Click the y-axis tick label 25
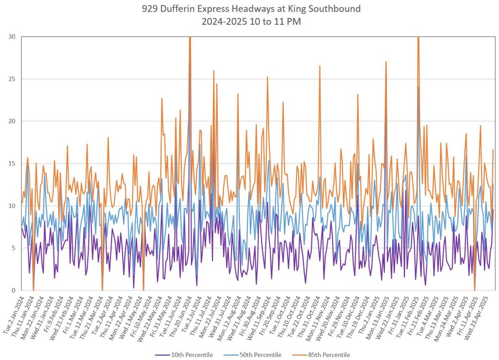pos(11,79)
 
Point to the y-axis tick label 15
pos(11,163)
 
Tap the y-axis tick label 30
pos(11,37)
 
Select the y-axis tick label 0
pos(13,290)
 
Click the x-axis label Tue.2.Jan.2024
pos(12,312)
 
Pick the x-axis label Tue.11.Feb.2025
pos(410,312)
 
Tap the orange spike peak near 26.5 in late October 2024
pos(320,66)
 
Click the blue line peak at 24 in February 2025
pos(419,88)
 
